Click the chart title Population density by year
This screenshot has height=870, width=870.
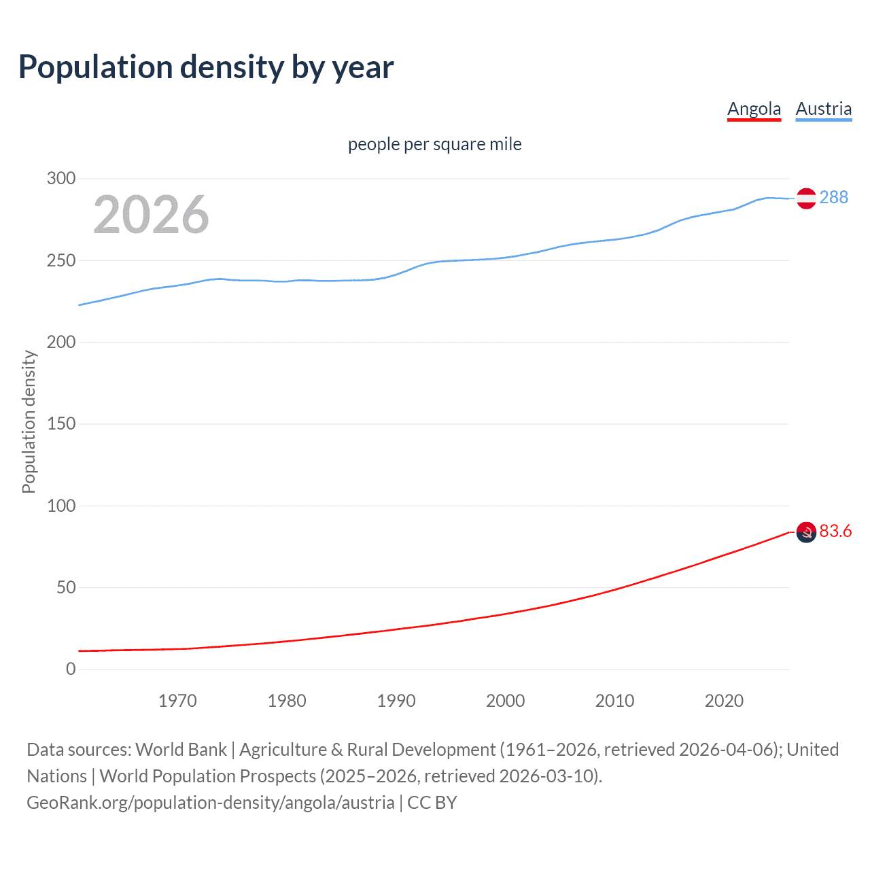pos(206,67)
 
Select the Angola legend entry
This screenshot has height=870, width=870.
pos(754,109)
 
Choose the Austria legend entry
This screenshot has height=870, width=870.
pos(823,109)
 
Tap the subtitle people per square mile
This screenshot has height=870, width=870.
pos(434,144)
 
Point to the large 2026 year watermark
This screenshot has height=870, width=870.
pos(151,215)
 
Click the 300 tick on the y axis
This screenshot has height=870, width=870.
pos(61,179)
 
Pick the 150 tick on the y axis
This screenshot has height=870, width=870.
pos(61,424)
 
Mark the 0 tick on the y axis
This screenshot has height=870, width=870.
pos(71,669)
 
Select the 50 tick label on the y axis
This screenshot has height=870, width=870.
pos(66,587)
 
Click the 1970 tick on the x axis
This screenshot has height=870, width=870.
pos(177,701)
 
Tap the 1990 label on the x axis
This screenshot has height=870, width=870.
pos(396,701)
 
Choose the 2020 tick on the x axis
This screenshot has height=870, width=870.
pos(724,701)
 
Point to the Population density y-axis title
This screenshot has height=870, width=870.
pos(29,421)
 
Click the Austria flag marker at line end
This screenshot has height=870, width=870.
pos(806,198)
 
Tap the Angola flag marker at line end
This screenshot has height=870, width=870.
pos(806,532)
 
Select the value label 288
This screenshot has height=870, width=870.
pos(833,197)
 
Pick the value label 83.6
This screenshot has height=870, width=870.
pos(835,531)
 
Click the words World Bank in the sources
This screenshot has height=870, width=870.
pos(181,750)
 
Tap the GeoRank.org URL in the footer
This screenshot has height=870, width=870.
pos(211,803)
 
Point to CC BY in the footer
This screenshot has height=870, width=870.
pos(432,803)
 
